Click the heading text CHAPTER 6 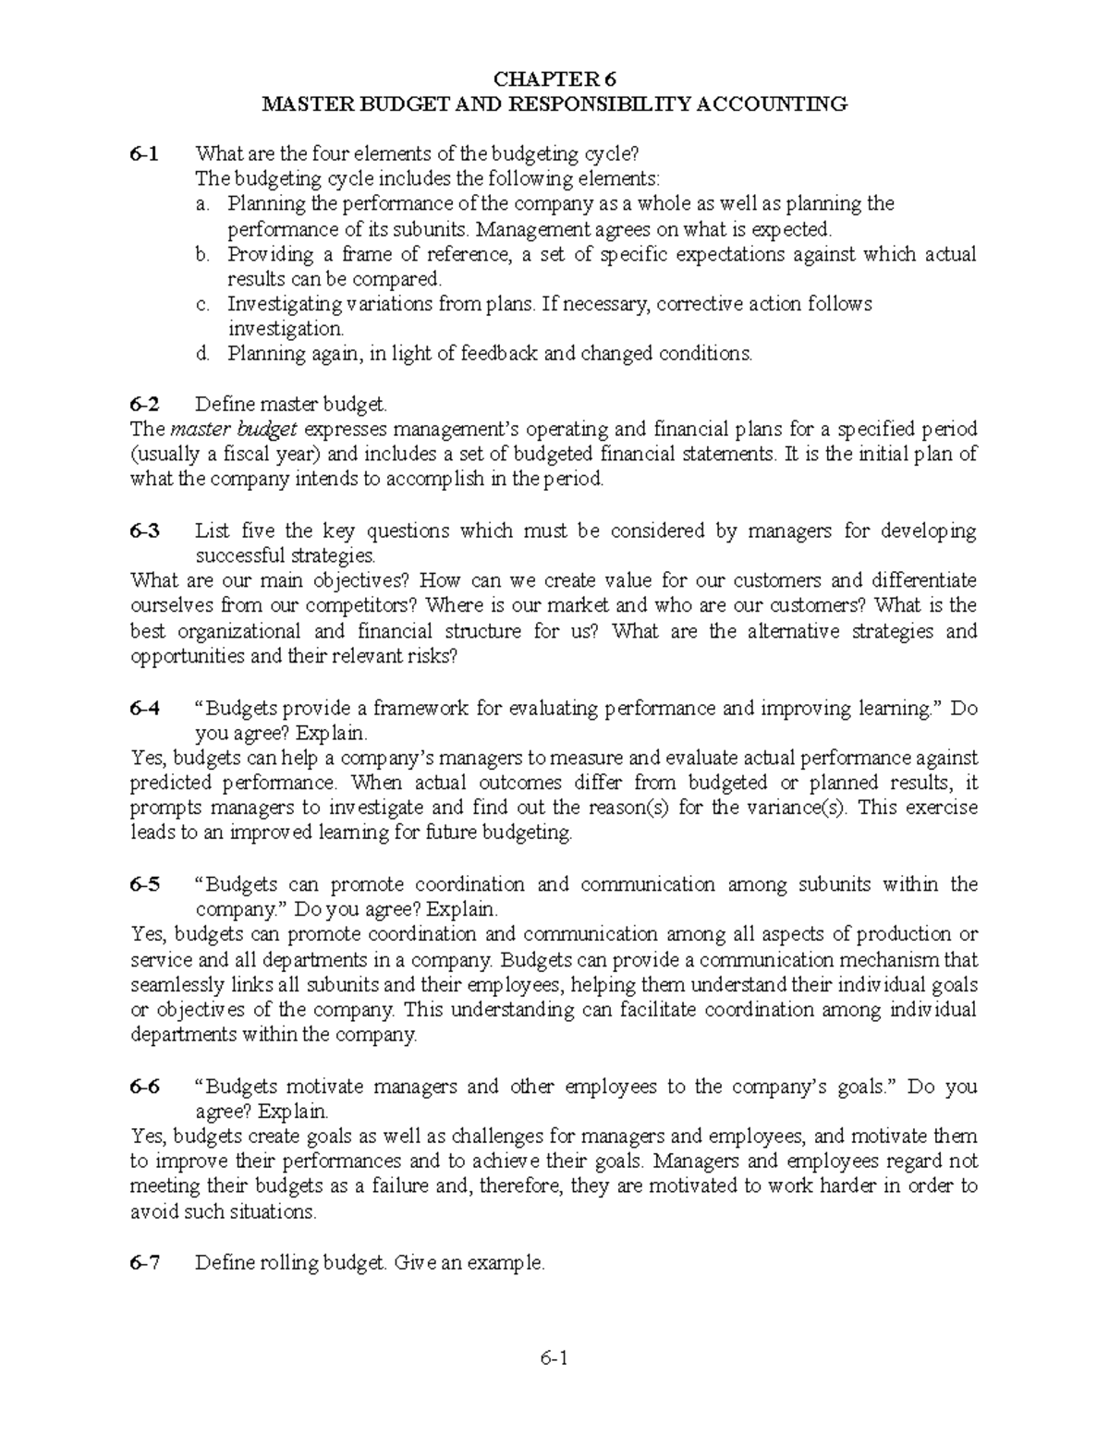(554, 79)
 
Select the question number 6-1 (144, 153)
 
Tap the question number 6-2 (144, 404)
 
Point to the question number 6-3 (144, 530)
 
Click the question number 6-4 (144, 708)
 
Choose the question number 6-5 (144, 884)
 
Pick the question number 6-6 (144, 1087)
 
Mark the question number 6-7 (144, 1263)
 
